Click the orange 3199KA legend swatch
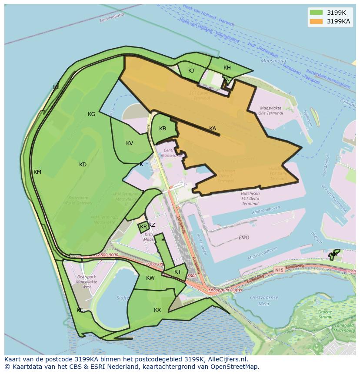(316, 21)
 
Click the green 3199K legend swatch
(316, 13)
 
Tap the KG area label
(91, 114)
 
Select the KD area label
(83, 164)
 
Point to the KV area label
(130, 143)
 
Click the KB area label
(163, 128)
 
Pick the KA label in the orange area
(213, 128)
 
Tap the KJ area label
(191, 70)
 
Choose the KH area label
(227, 67)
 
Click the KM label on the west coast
(37, 172)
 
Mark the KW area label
(150, 278)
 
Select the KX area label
(157, 310)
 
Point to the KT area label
(177, 272)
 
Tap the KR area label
(143, 227)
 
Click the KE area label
(80, 310)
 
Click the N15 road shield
(279, 270)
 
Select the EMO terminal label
(244, 238)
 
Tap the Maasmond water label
(273, 61)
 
